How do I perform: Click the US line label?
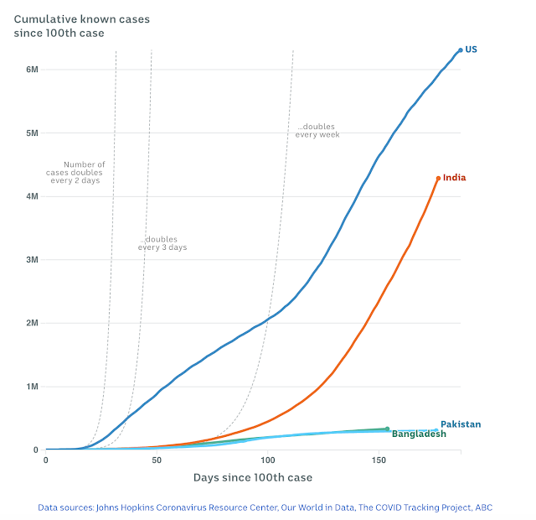click(x=472, y=50)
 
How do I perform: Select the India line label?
click(x=454, y=178)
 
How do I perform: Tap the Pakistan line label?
click(x=461, y=424)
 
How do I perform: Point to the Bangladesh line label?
click(x=419, y=434)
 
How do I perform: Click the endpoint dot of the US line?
click(x=461, y=50)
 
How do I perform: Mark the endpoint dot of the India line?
click(x=438, y=178)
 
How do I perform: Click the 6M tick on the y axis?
click(x=32, y=70)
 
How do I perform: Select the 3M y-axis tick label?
click(x=32, y=260)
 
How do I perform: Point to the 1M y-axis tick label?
click(x=32, y=387)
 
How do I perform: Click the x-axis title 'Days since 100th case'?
click(x=254, y=478)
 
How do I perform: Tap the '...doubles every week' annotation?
click(x=317, y=132)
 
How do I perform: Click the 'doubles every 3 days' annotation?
click(x=162, y=243)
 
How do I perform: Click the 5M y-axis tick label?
click(x=32, y=133)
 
